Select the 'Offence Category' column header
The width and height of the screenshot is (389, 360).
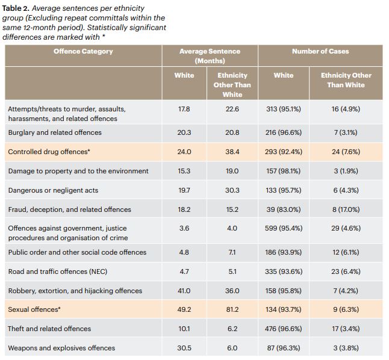pyautogui.click(x=83, y=52)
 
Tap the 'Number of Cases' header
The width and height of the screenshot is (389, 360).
pyautogui.click(x=320, y=52)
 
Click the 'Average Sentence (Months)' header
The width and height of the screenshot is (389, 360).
pyautogui.click(x=210, y=56)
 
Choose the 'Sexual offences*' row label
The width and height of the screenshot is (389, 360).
pyautogui.click(x=34, y=309)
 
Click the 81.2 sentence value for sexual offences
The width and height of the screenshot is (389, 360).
pyautogui.click(x=232, y=309)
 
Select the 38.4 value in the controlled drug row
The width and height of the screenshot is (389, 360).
pyautogui.click(x=232, y=152)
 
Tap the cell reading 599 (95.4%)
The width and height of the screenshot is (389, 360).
pyautogui.click(x=284, y=229)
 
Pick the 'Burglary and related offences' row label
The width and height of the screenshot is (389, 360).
pyautogui.click(x=55, y=132)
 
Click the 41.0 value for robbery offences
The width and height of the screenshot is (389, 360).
pyautogui.click(x=184, y=291)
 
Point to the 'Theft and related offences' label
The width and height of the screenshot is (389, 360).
pyautogui.click(x=49, y=329)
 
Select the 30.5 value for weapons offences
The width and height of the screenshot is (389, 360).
pyautogui.click(x=184, y=348)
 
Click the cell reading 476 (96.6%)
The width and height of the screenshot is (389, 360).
pyautogui.click(x=284, y=329)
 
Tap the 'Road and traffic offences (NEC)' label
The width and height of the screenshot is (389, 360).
pyautogui.click(x=58, y=272)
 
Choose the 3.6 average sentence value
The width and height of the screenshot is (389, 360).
pyautogui.click(x=184, y=229)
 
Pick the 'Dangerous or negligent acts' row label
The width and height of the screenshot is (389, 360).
pyautogui.click(x=53, y=190)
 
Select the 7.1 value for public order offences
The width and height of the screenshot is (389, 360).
pyautogui.click(x=232, y=252)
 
